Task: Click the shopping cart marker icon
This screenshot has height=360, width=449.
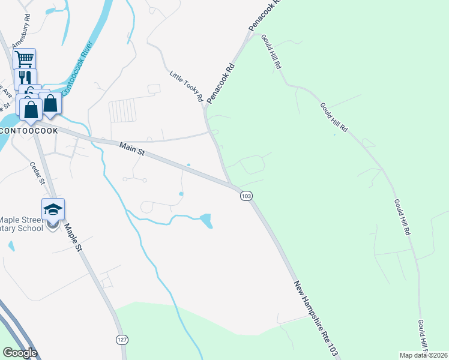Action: (x=24, y=59)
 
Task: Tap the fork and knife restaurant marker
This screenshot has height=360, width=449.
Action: (x=25, y=79)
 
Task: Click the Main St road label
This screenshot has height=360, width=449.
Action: (x=133, y=149)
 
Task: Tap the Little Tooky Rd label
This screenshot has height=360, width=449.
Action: (x=185, y=87)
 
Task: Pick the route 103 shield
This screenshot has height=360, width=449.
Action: (x=246, y=196)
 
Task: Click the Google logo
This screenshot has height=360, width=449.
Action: (x=20, y=352)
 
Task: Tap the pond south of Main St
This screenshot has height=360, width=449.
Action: (x=206, y=221)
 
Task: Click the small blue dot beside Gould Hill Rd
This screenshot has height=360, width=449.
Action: (x=334, y=134)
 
